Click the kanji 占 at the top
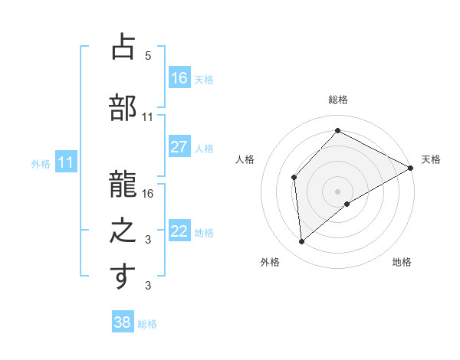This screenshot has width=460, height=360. click(123, 47)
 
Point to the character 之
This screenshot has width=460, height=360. click(123, 230)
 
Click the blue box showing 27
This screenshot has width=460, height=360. click(179, 147)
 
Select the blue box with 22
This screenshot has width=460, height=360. click(179, 232)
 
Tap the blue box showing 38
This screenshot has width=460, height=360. click(123, 322)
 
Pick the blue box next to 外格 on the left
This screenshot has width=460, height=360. click(66, 162)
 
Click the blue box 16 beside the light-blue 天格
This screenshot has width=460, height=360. click(179, 78)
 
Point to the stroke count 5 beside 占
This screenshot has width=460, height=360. click(148, 56)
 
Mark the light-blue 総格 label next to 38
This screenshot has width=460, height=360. click(147, 324)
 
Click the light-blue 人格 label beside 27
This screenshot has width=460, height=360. click(204, 149)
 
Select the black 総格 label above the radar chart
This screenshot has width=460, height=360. click(338, 100)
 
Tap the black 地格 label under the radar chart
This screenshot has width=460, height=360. click(402, 262)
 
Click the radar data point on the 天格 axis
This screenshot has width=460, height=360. click(411, 169)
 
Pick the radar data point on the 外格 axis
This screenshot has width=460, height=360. click(302, 242)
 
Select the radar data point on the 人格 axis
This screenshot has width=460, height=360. click(294, 178)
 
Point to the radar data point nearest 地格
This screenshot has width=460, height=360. click(347, 204)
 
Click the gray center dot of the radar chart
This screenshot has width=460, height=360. click(338, 191)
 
